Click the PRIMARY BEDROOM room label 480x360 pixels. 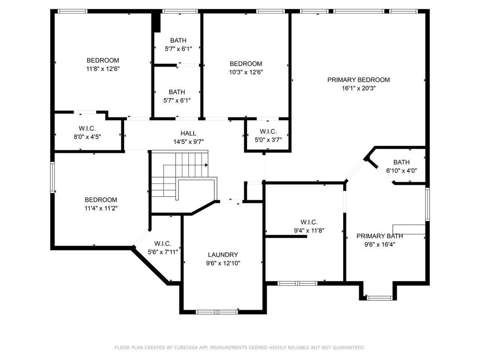point(359,80)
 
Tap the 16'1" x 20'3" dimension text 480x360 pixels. point(359,89)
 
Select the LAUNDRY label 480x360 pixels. point(223,255)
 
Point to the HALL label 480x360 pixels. point(188,133)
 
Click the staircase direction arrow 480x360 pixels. point(206,165)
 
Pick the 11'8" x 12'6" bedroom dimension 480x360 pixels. point(103,69)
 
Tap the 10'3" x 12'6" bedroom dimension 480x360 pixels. point(246,72)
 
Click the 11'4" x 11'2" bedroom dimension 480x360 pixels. point(101,209)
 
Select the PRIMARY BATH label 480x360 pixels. point(380,236)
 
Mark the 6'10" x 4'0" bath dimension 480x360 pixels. point(401,171)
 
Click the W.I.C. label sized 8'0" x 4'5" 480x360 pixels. point(87,128)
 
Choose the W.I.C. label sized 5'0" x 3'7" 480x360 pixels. point(268,131)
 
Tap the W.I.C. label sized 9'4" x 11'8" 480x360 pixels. point(309,222)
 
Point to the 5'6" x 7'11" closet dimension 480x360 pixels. point(163,252)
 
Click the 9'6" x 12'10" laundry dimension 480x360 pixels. point(223,263)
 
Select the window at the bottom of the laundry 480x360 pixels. point(217,312)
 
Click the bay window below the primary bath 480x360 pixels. point(380,298)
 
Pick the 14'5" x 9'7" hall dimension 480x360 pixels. point(188,142)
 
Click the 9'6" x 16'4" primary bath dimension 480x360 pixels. point(380,245)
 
